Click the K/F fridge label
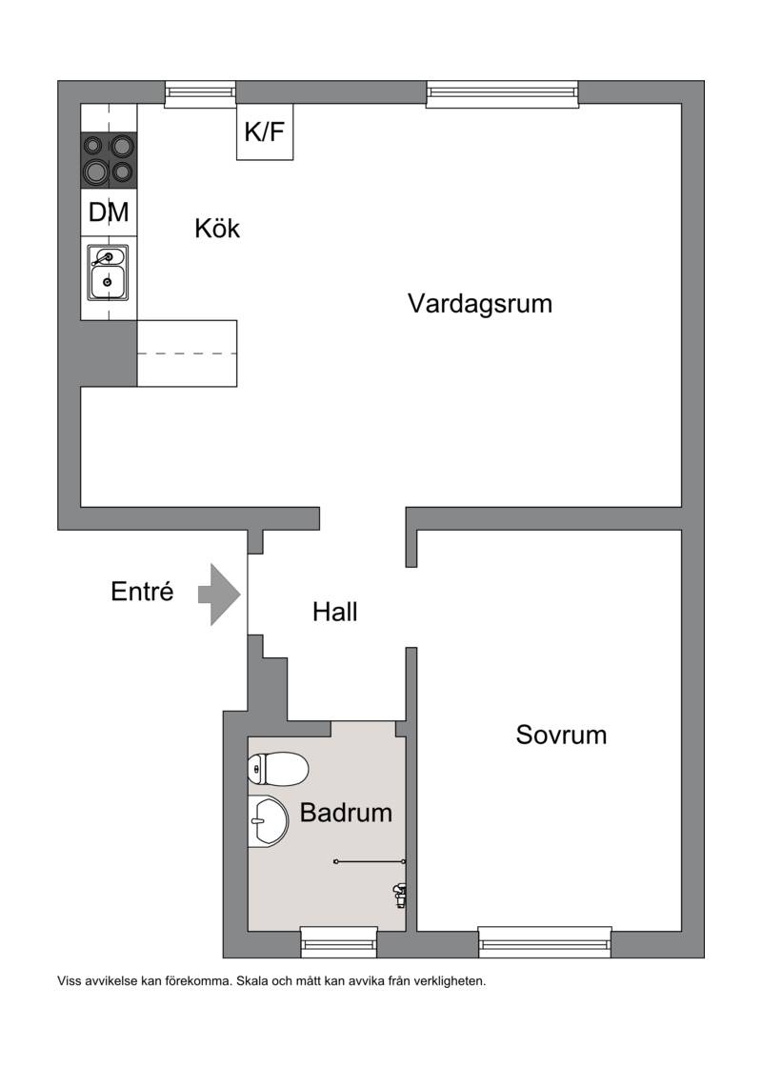tap(264, 132)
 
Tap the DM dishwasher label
tap(109, 212)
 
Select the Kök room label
tap(217, 228)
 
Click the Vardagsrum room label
tap(480, 304)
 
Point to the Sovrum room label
tap(561, 735)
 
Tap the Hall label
tap(335, 612)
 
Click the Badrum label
tap(346, 813)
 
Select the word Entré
tap(142, 592)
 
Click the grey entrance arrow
tap(219, 594)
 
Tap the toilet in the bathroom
tap(278, 769)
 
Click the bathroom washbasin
tap(269, 820)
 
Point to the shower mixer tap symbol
tap(400, 895)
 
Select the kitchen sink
tap(108, 272)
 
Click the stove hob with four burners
tap(109, 159)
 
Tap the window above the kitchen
tap(200, 94)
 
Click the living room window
tap(503, 94)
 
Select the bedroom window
tap(545, 942)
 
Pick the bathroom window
tap(339, 942)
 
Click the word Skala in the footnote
tap(251, 981)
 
